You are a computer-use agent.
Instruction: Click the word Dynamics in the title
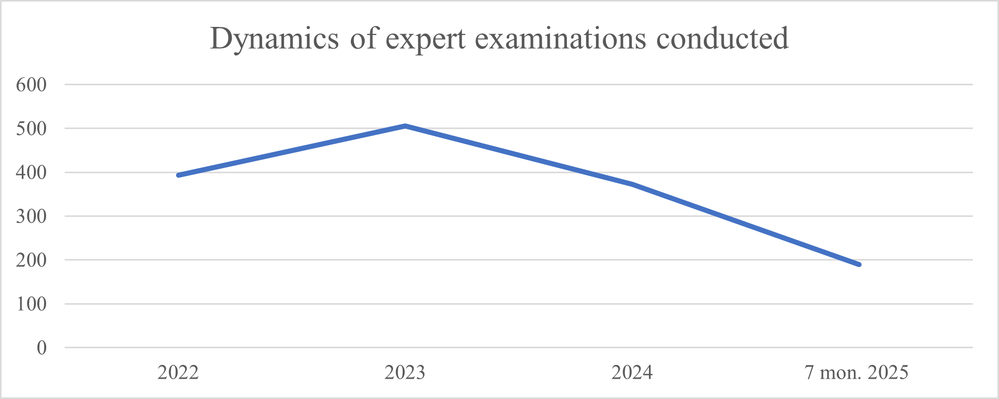coord(274,39)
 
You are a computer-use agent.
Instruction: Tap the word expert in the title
coord(425,39)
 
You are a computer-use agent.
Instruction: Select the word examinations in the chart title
coord(560,39)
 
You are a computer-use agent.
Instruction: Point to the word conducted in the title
coord(723,39)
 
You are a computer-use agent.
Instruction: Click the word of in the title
coord(364,39)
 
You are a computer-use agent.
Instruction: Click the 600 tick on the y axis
coord(31,85)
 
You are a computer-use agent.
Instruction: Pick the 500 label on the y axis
coord(31,128)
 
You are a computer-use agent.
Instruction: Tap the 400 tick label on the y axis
coord(31,173)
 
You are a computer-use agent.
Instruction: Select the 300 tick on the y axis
coord(31,216)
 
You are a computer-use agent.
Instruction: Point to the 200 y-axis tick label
coord(31,260)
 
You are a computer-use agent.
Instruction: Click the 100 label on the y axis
coord(31,304)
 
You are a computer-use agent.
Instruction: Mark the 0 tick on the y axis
coord(42,348)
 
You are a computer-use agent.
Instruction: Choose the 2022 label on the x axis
coord(178,373)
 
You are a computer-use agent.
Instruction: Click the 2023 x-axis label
coord(405,373)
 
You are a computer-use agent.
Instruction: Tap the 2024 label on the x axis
coord(632,373)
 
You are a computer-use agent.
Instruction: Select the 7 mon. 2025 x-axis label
coord(857,373)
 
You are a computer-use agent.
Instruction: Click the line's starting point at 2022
coord(179,175)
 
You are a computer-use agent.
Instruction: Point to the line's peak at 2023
coord(405,125)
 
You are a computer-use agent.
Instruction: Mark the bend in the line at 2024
coord(632,184)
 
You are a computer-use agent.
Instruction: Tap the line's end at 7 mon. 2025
coord(859,264)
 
